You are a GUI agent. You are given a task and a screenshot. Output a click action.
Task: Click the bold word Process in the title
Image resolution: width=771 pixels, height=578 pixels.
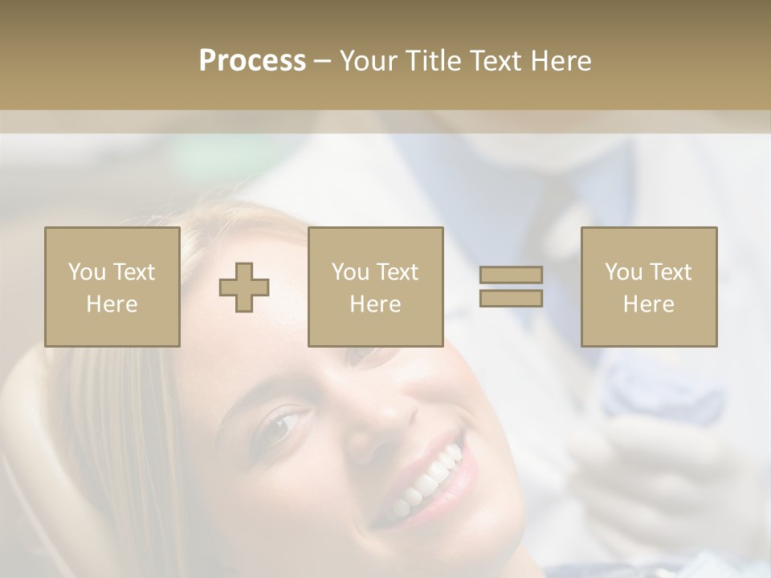point(252,61)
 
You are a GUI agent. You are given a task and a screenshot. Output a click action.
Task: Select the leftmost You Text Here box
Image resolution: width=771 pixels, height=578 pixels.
point(112,287)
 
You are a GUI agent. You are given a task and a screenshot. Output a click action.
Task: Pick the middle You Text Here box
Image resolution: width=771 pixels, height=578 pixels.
point(375,287)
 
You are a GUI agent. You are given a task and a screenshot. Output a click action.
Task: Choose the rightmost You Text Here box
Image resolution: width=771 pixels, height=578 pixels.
point(649,287)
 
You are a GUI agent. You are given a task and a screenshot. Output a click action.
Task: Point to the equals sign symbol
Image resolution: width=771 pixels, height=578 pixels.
point(511,287)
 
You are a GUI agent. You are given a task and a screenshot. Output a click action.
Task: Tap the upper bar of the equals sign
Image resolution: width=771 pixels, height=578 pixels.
point(511,275)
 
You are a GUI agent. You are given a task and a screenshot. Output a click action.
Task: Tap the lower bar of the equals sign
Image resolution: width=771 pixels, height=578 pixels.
point(511,299)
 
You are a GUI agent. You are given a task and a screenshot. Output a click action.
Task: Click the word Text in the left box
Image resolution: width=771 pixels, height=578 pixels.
point(135,272)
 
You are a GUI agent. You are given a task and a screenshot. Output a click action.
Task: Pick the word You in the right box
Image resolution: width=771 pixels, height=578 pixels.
point(623,272)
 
